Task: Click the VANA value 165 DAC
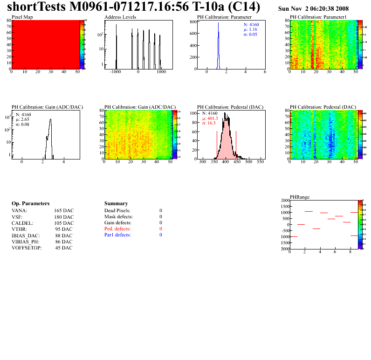pyautogui.click(x=64, y=211)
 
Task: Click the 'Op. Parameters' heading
pyautogui.click(x=30, y=204)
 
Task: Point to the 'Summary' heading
pyautogui.click(x=116, y=204)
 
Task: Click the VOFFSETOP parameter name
pyautogui.click(x=26, y=248)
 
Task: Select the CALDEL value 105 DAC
pyautogui.click(x=64, y=223)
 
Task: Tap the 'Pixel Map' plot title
pyautogui.click(x=22, y=17)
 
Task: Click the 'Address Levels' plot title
pyautogui.click(x=120, y=17)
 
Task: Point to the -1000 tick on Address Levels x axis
pyautogui.click(x=116, y=73)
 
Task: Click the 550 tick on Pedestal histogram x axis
pyautogui.click(x=260, y=162)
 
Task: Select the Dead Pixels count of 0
pyautogui.click(x=161, y=211)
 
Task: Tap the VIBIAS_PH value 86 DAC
pyautogui.click(x=64, y=242)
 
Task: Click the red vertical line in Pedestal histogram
pyautogui.click(x=236, y=145)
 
